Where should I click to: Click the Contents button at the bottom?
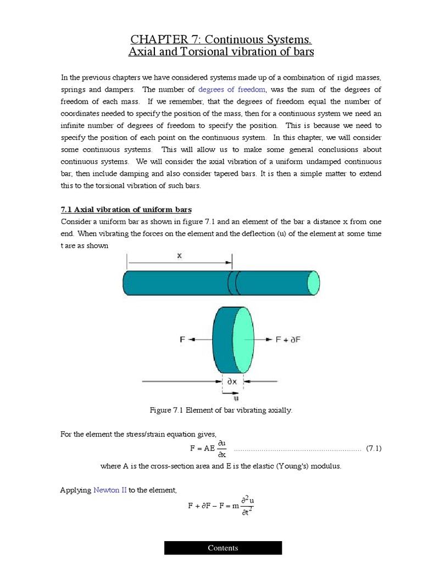point(223,548)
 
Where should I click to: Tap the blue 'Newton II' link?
point(110,490)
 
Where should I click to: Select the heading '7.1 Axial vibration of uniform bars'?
point(125,210)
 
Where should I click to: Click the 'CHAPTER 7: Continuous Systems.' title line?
point(221,40)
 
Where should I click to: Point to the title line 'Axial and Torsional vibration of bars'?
point(221,52)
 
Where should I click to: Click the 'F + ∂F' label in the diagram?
point(288,340)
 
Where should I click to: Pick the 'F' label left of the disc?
point(182,340)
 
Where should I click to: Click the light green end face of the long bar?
point(313,284)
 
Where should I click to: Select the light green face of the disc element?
point(244,340)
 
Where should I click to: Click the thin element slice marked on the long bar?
point(232,284)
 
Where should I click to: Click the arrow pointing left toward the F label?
point(199,340)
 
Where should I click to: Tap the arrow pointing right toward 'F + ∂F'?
point(265,340)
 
